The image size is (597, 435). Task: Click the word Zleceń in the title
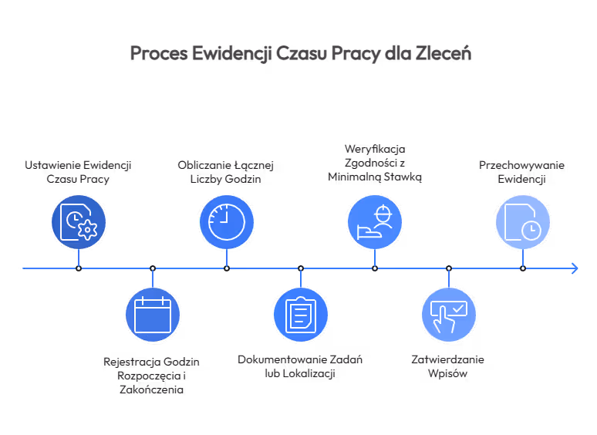(444, 53)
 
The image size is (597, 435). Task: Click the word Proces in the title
(159, 53)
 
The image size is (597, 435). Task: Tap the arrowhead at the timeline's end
(575, 268)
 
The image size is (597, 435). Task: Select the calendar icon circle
(153, 315)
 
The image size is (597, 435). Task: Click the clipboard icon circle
(301, 315)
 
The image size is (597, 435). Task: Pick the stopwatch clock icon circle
(227, 222)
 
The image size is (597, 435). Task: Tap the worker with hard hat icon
(375, 222)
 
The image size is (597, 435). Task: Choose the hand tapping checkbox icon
(449, 315)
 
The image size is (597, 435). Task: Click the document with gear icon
(79, 222)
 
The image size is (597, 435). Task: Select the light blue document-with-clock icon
(523, 222)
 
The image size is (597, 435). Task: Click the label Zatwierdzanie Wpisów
(447, 366)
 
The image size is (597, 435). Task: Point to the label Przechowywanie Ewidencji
(521, 172)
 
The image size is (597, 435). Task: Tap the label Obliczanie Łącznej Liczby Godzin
(226, 172)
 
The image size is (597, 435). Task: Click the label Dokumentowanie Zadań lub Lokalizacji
(300, 366)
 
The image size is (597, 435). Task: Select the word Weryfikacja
(375, 149)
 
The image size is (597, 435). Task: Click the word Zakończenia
(151, 389)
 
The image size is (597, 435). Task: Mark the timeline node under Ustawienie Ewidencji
(79, 268)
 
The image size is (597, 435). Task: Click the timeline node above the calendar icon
(153, 268)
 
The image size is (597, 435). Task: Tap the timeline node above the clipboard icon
(301, 268)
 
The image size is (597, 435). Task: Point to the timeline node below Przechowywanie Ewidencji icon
(523, 268)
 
